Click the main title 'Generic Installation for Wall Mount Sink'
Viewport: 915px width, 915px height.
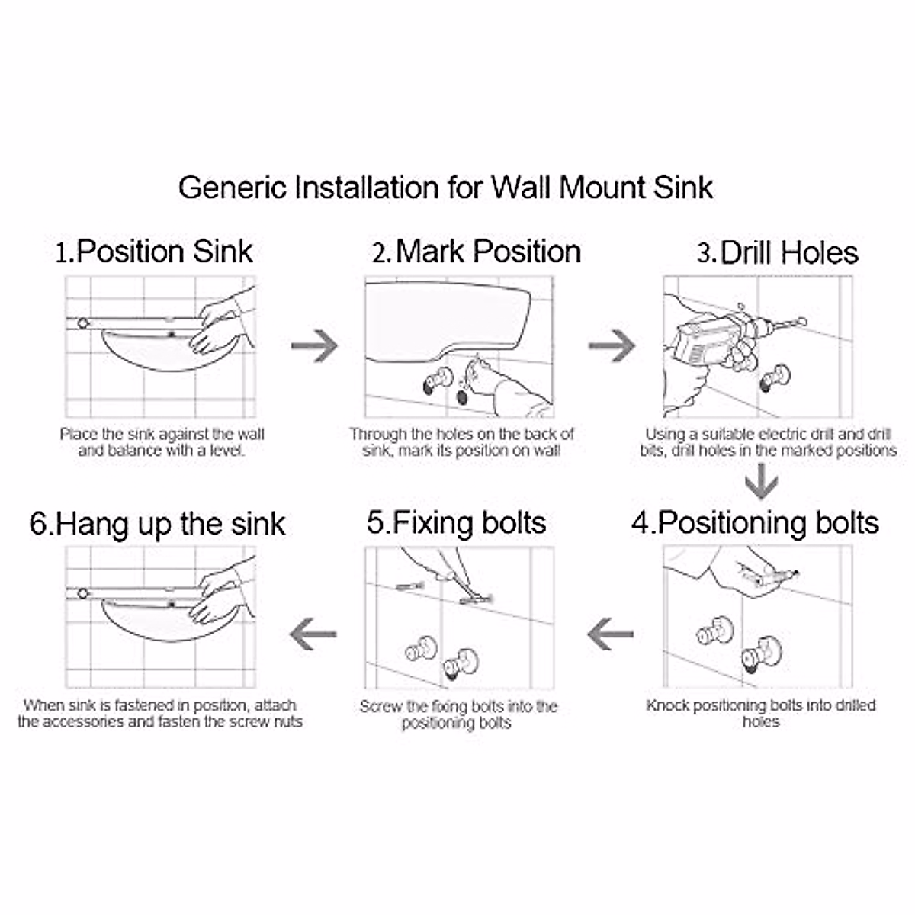(x=446, y=188)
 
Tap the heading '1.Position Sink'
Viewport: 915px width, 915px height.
(x=154, y=252)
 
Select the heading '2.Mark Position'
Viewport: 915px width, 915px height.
(x=477, y=252)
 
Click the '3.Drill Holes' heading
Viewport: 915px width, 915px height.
(x=778, y=253)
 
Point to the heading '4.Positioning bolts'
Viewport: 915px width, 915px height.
(x=755, y=523)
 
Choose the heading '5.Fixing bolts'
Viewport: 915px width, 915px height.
(x=456, y=523)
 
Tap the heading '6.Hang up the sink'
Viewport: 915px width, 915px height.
(x=158, y=525)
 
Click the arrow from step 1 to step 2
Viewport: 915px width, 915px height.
(x=314, y=345)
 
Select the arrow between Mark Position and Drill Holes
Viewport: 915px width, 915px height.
(x=612, y=345)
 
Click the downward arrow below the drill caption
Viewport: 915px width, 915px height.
(x=761, y=483)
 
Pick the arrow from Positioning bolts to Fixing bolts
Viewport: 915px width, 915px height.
(x=611, y=634)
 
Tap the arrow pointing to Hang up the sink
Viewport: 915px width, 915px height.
(x=313, y=634)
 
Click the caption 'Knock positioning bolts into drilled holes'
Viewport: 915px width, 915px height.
(x=760, y=713)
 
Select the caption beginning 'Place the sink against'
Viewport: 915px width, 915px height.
(x=162, y=442)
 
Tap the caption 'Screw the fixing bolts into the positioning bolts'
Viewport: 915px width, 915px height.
(x=457, y=714)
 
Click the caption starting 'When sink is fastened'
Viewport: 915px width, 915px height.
(x=160, y=713)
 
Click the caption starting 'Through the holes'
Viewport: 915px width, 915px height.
(x=461, y=442)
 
